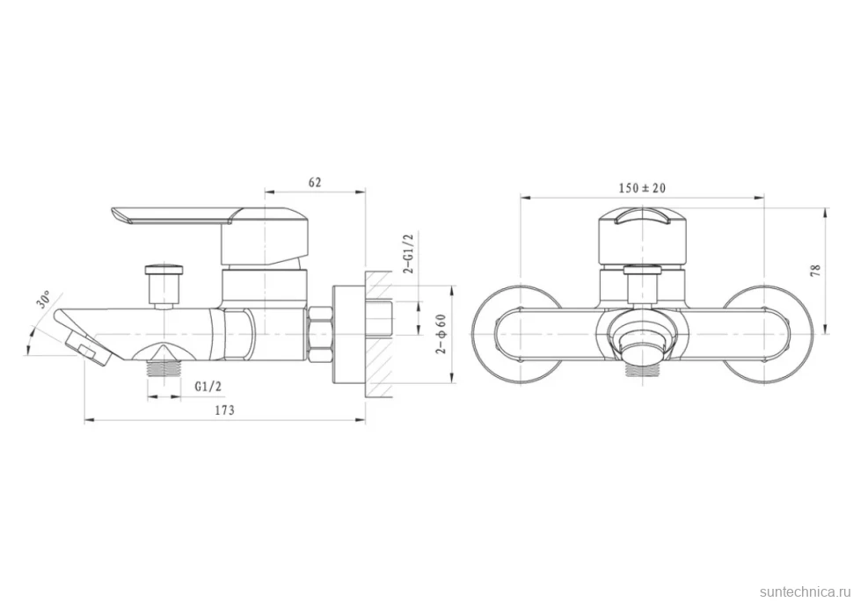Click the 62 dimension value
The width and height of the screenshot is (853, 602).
point(315,182)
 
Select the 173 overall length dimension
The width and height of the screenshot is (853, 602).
point(224,410)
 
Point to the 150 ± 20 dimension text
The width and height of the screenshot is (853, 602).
point(642,188)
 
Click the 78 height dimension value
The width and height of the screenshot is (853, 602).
point(815,271)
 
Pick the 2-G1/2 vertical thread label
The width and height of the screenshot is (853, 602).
point(409,253)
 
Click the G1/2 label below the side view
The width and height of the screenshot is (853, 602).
point(208,387)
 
